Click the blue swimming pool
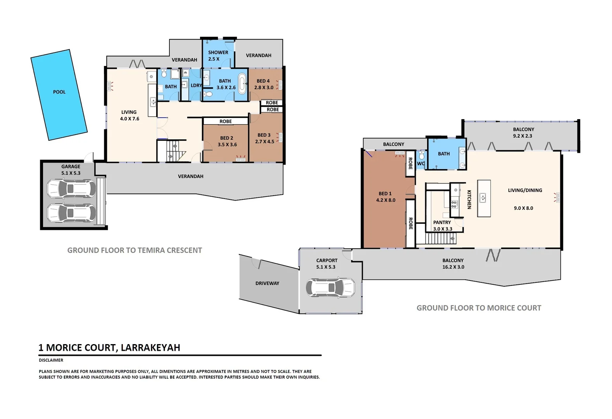click(x=59, y=95)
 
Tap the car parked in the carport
click(x=330, y=287)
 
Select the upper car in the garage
click(x=71, y=189)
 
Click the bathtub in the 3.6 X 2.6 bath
click(x=242, y=83)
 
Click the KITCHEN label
click(x=469, y=199)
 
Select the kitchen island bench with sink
click(x=484, y=198)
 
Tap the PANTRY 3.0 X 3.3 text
click(x=442, y=225)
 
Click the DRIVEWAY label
click(x=267, y=283)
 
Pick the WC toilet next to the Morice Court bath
click(x=422, y=156)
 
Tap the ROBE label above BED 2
click(x=226, y=121)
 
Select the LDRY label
click(x=196, y=85)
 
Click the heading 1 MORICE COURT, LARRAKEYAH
click(x=109, y=348)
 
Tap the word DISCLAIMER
click(x=51, y=360)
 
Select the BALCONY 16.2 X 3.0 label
click(x=453, y=264)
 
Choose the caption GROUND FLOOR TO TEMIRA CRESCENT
click(x=134, y=251)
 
